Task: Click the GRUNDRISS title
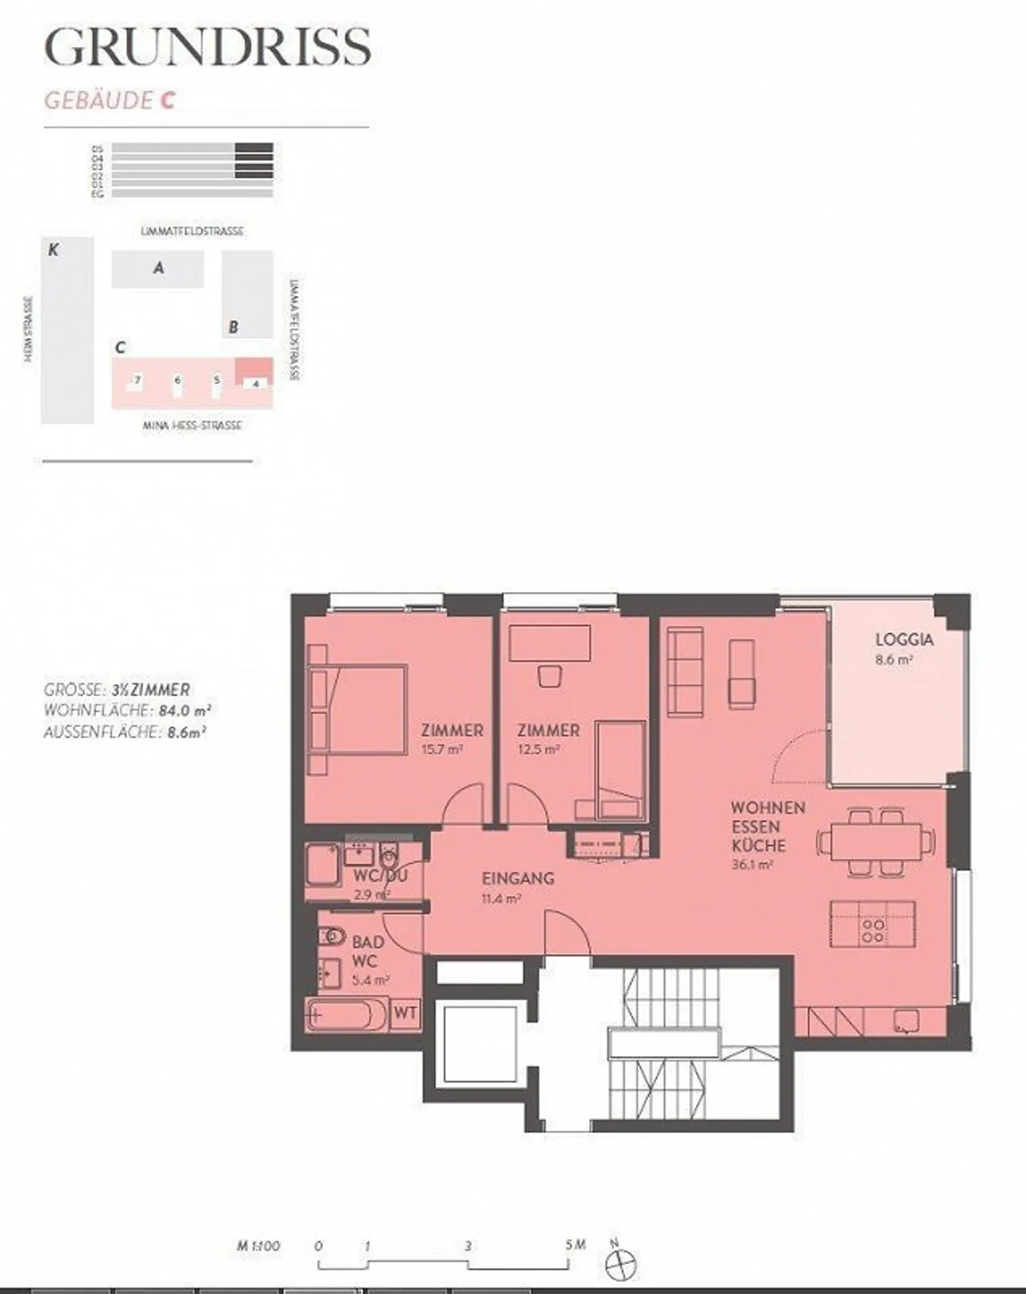point(207,48)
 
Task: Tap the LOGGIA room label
point(904,640)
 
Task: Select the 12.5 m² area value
point(539,749)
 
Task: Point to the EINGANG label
point(518,878)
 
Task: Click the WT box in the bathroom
point(405,1013)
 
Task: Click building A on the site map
point(158,268)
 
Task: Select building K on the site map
point(67,330)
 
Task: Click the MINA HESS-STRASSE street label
point(192,426)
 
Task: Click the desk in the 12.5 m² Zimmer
point(550,643)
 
